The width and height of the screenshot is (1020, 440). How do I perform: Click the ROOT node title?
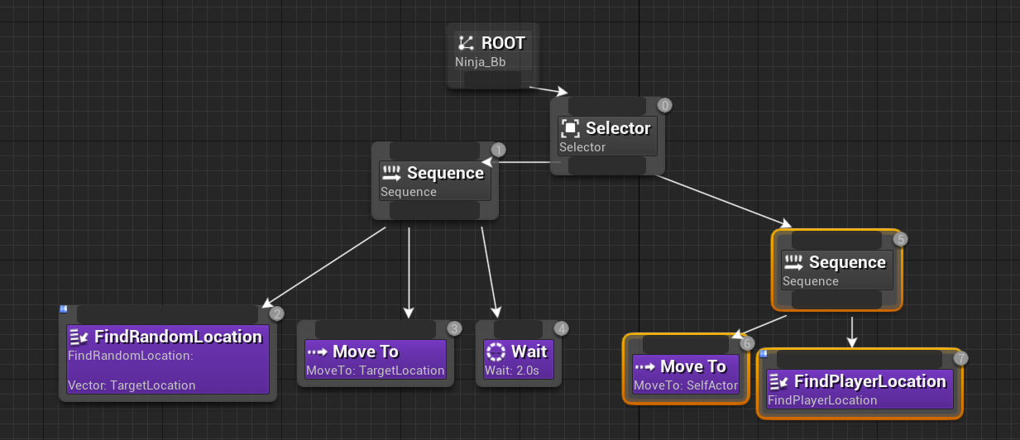point(503,43)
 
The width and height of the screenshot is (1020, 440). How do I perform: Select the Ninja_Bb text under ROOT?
point(480,61)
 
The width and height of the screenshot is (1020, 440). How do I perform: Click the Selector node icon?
point(570,128)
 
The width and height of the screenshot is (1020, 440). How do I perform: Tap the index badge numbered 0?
point(664,105)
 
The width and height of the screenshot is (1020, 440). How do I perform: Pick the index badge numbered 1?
point(498,150)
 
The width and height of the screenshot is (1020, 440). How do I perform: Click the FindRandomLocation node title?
point(178,337)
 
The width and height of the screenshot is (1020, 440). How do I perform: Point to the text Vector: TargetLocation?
point(132,385)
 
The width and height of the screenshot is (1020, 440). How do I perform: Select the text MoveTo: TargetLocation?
point(375,371)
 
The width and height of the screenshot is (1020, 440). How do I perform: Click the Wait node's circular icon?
point(496,352)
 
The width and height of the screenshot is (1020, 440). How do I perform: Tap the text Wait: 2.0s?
point(511,371)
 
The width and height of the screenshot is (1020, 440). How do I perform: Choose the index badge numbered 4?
point(561,328)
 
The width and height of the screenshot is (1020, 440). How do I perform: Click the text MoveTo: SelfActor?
point(686,385)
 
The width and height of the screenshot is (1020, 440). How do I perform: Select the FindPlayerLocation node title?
point(869,381)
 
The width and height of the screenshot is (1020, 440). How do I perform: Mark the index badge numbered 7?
point(960,358)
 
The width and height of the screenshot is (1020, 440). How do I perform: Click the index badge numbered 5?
point(901,239)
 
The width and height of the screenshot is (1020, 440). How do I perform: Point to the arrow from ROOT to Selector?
point(548,89)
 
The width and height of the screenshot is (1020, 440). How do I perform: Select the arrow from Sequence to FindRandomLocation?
point(323,267)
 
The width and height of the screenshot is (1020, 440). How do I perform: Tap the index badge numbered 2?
point(277,313)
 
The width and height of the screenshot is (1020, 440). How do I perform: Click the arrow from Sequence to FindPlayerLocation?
point(852,331)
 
